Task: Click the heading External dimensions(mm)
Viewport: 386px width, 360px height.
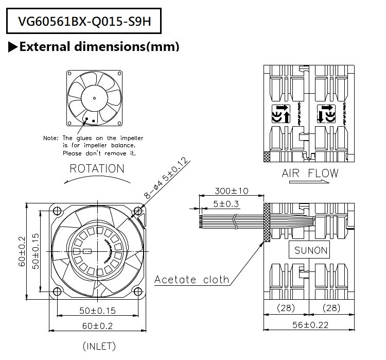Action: (99, 47)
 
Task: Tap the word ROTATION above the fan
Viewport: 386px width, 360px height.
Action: (97, 168)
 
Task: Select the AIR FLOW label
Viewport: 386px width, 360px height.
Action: (310, 173)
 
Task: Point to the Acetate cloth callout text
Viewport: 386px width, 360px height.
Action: (192, 280)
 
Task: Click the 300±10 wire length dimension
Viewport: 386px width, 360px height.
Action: (231, 191)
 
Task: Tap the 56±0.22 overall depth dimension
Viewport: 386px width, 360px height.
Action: (309, 324)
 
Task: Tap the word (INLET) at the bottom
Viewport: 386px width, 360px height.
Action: (99, 346)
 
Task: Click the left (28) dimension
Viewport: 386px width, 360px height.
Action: (286, 307)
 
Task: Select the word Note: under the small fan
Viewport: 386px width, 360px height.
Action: (51, 139)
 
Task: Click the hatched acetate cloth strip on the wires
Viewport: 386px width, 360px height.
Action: (267, 222)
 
